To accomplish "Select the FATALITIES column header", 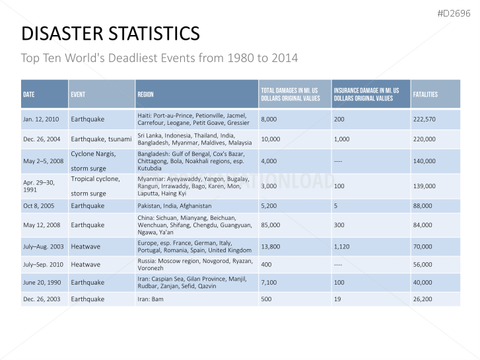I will click(425, 94).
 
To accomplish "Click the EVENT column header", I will click(78, 94).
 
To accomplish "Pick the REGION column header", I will click(145, 94).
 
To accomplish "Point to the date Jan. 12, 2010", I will click(41, 120).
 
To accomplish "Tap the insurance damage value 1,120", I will click(342, 246).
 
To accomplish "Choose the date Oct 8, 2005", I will click(38, 206).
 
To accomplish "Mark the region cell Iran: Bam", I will click(152, 299).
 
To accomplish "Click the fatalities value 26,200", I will click(424, 299).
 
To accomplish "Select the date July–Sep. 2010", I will click(44, 265).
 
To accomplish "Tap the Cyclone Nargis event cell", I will click(93, 154).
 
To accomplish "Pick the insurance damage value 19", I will click(337, 299).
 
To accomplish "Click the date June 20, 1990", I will click(42, 283).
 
